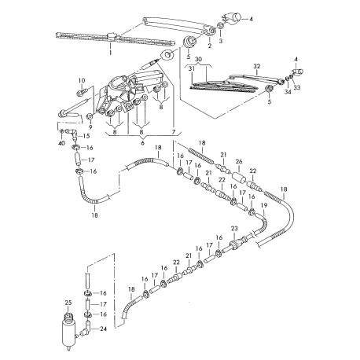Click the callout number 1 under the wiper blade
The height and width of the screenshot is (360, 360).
click(x=111, y=53)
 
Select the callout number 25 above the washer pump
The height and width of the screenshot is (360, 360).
click(x=68, y=303)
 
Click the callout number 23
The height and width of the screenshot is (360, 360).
click(x=234, y=229)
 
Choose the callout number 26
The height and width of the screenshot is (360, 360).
click(x=239, y=162)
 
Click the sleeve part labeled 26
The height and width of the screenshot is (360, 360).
click(x=238, y=178)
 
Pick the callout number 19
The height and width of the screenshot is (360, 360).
click(x=263, y=206)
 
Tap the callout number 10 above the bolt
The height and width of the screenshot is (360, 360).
click(x=82, y=80)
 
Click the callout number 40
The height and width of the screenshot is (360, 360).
click(x=61, y=143)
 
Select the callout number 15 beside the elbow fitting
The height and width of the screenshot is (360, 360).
click(x=86, y=136)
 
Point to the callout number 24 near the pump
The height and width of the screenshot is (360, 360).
click(x=103, y=329)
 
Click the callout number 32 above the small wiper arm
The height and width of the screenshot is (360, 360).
click(x=257, y=66)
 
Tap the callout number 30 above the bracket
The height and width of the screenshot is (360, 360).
click(x=199, y=60)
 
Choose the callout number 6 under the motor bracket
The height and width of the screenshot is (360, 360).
click(x=142, y=143)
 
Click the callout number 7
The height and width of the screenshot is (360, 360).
click(x=173, y=132)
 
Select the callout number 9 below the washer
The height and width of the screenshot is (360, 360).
click(x=90, y=127)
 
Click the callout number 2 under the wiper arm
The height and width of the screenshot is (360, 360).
click(x=210, y=46)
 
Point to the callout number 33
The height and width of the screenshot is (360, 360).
click(x=296, y=88)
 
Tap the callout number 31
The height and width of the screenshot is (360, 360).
click(x=192, y=68)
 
